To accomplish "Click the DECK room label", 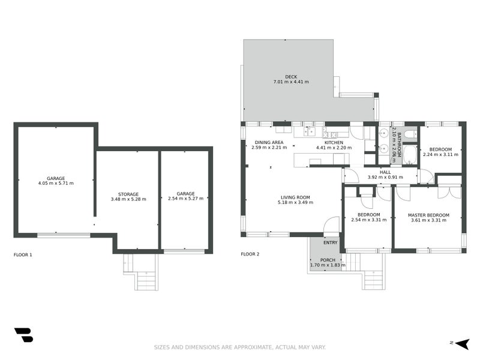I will click(x=291, y=76).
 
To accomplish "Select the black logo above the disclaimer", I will click(x=23, y=335).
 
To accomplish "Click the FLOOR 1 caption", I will click(x=23, y=254).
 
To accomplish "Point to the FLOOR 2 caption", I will click(x=250, y=254).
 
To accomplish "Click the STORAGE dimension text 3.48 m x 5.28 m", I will click(x=128, y=199).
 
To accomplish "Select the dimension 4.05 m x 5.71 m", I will click(x=56, y=183).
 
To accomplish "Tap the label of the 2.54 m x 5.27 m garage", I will click(x=186, y=193).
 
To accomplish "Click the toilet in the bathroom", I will click(x=410, y=134).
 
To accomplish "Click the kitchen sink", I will click(x=309, y=131).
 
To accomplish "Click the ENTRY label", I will click(x=331, y=242).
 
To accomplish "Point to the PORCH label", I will click(x=328, y=260).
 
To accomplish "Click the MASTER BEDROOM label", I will click(x=428, y=215).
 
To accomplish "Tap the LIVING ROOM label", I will click(x=295, y=197).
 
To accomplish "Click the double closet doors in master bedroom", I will click(x=449, y=192).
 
